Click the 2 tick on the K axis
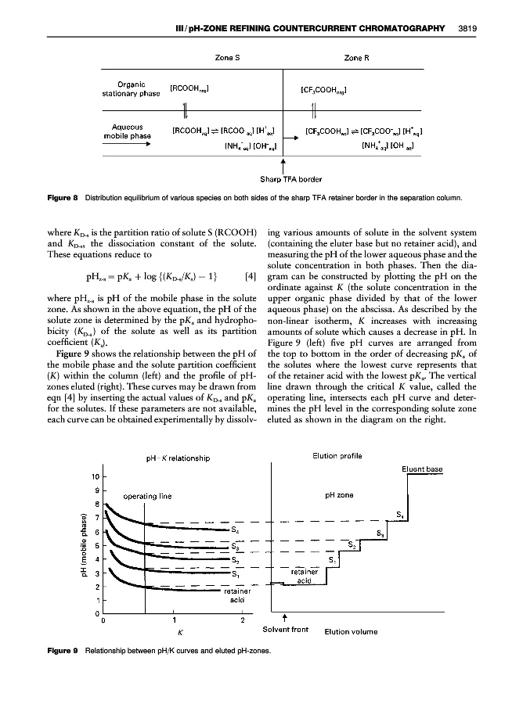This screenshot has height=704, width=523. pyautogui.click(x=243, y=622)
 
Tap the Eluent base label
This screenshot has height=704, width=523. pyautogui.click(x=423, y=469)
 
